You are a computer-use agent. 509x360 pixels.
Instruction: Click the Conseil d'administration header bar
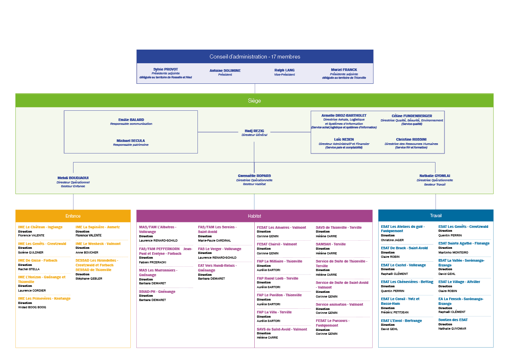pos(255,56)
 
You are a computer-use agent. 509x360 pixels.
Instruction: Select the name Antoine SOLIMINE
pos(225,71)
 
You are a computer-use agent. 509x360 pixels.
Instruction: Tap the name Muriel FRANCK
pos(344,70)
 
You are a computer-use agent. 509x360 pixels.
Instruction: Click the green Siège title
pos(254,101)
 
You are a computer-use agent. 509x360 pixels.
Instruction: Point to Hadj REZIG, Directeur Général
pos(254,131)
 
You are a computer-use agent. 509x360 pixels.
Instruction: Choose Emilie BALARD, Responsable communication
pos(131,120)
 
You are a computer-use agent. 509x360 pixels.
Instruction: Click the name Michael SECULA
pos(131,141)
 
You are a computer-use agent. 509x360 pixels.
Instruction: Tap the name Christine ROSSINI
pos(411,139)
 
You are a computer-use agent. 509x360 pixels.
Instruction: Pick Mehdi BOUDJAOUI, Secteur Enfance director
pos(73,178)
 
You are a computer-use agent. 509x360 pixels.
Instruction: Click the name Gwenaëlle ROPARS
pos(254,176)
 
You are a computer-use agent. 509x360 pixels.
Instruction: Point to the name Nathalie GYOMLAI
pos(435,176)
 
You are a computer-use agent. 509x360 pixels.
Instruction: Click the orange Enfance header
pos(73,216)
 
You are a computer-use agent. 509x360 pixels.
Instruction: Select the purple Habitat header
pos(254,216)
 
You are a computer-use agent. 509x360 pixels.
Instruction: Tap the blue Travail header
pos(435,215)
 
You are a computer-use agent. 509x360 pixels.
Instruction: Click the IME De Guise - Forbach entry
pos(38,260)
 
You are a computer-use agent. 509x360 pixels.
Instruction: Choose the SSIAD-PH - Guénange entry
pos(157,292)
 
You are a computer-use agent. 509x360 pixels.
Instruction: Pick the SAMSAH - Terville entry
pos(331,244)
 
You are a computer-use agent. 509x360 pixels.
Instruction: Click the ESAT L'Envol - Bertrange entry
pos(401,321)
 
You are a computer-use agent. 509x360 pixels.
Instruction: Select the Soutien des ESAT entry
pos(453,320)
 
